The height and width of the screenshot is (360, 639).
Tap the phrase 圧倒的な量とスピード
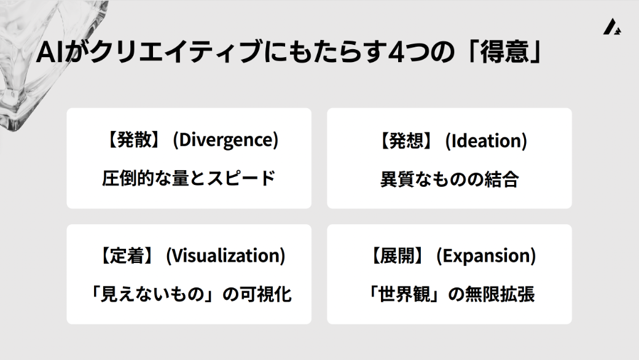coord(189,179)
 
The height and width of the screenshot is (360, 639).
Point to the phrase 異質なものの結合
coord(449,179)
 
